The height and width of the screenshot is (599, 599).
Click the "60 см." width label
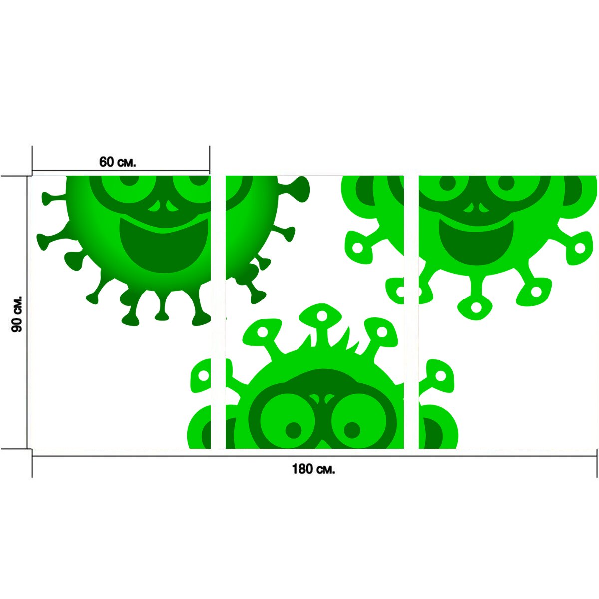(x=117, y=162)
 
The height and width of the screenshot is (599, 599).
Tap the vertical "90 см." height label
(x=17, y=313)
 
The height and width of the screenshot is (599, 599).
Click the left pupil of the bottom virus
(x=294, y=430)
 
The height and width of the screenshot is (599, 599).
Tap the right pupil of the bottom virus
(x=352, y=430)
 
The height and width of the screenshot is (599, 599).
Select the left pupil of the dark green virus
(x=129, y=182)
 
